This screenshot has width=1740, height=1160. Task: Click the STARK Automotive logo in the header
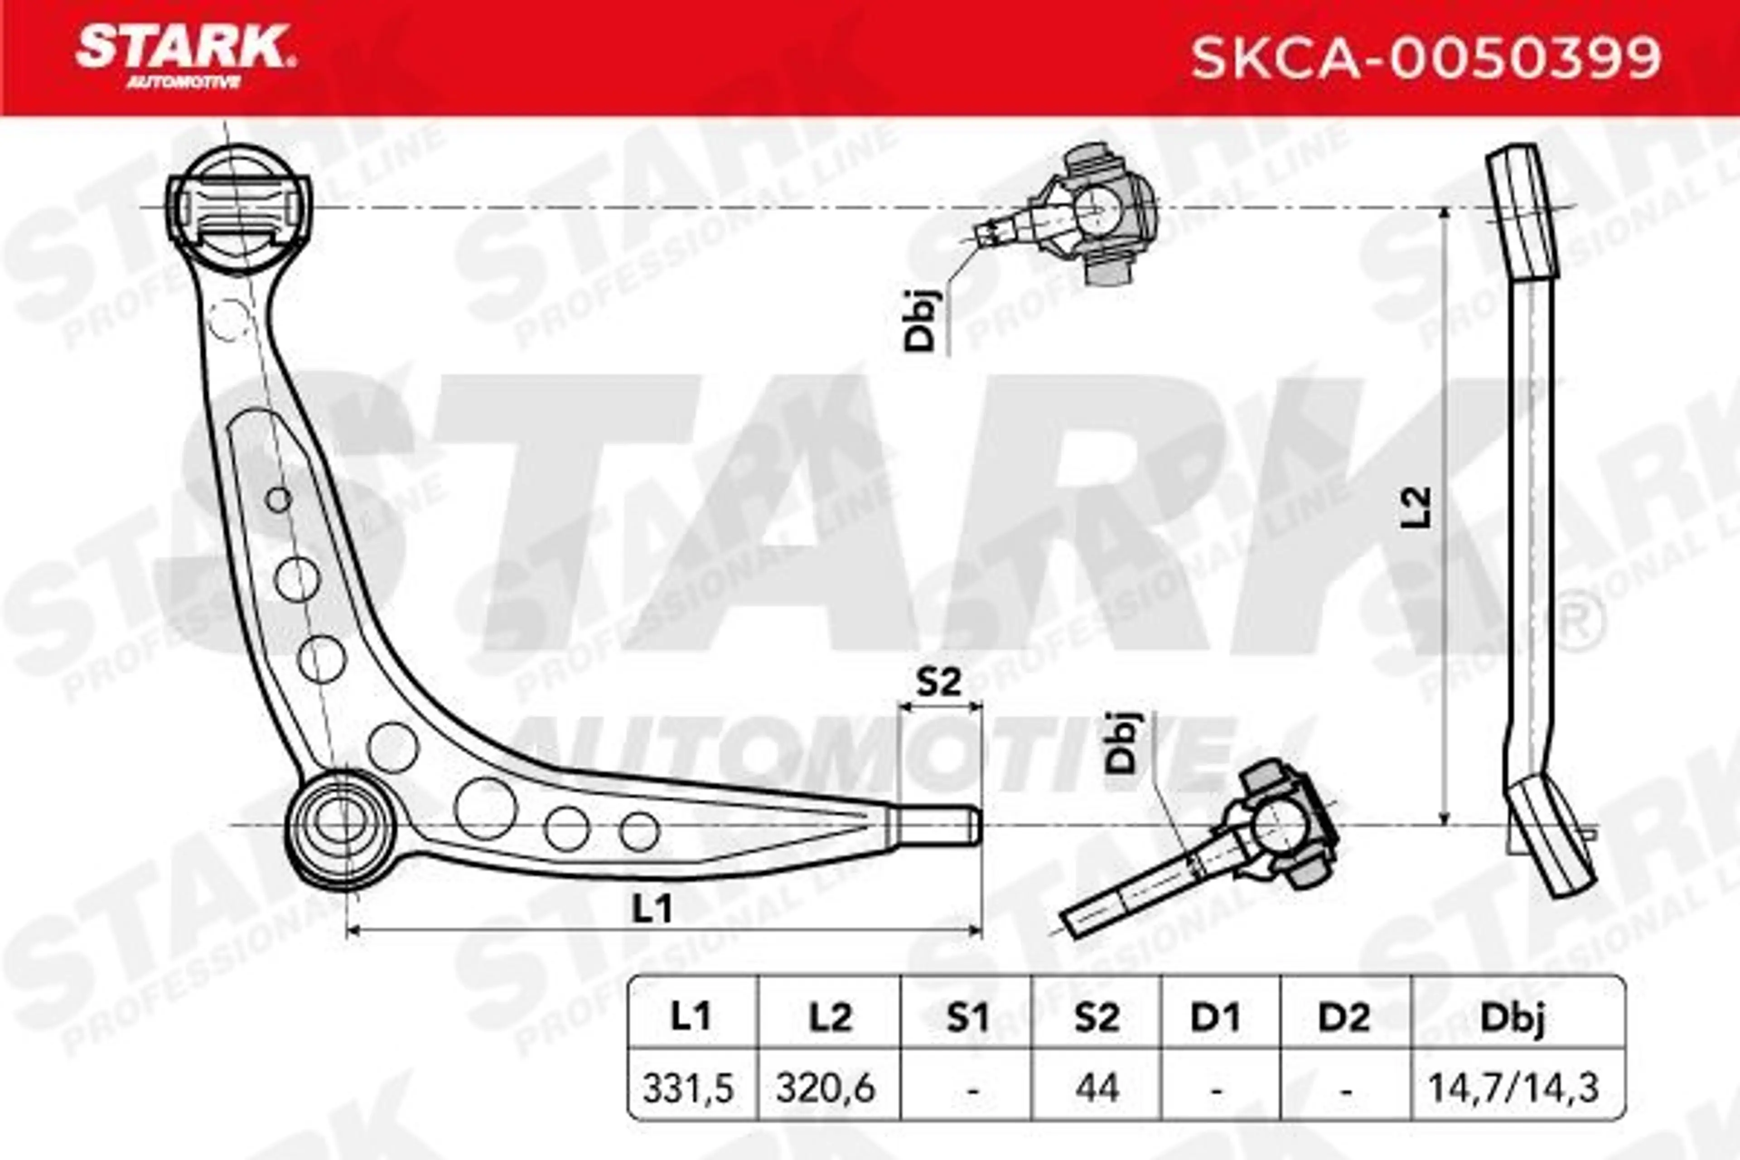(x=185, y=57)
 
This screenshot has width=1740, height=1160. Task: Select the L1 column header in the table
(x=691, y=1018)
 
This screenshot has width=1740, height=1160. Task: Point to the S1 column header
(x=968, y=1018)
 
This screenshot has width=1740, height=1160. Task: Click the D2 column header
(x=1345, y=1018)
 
